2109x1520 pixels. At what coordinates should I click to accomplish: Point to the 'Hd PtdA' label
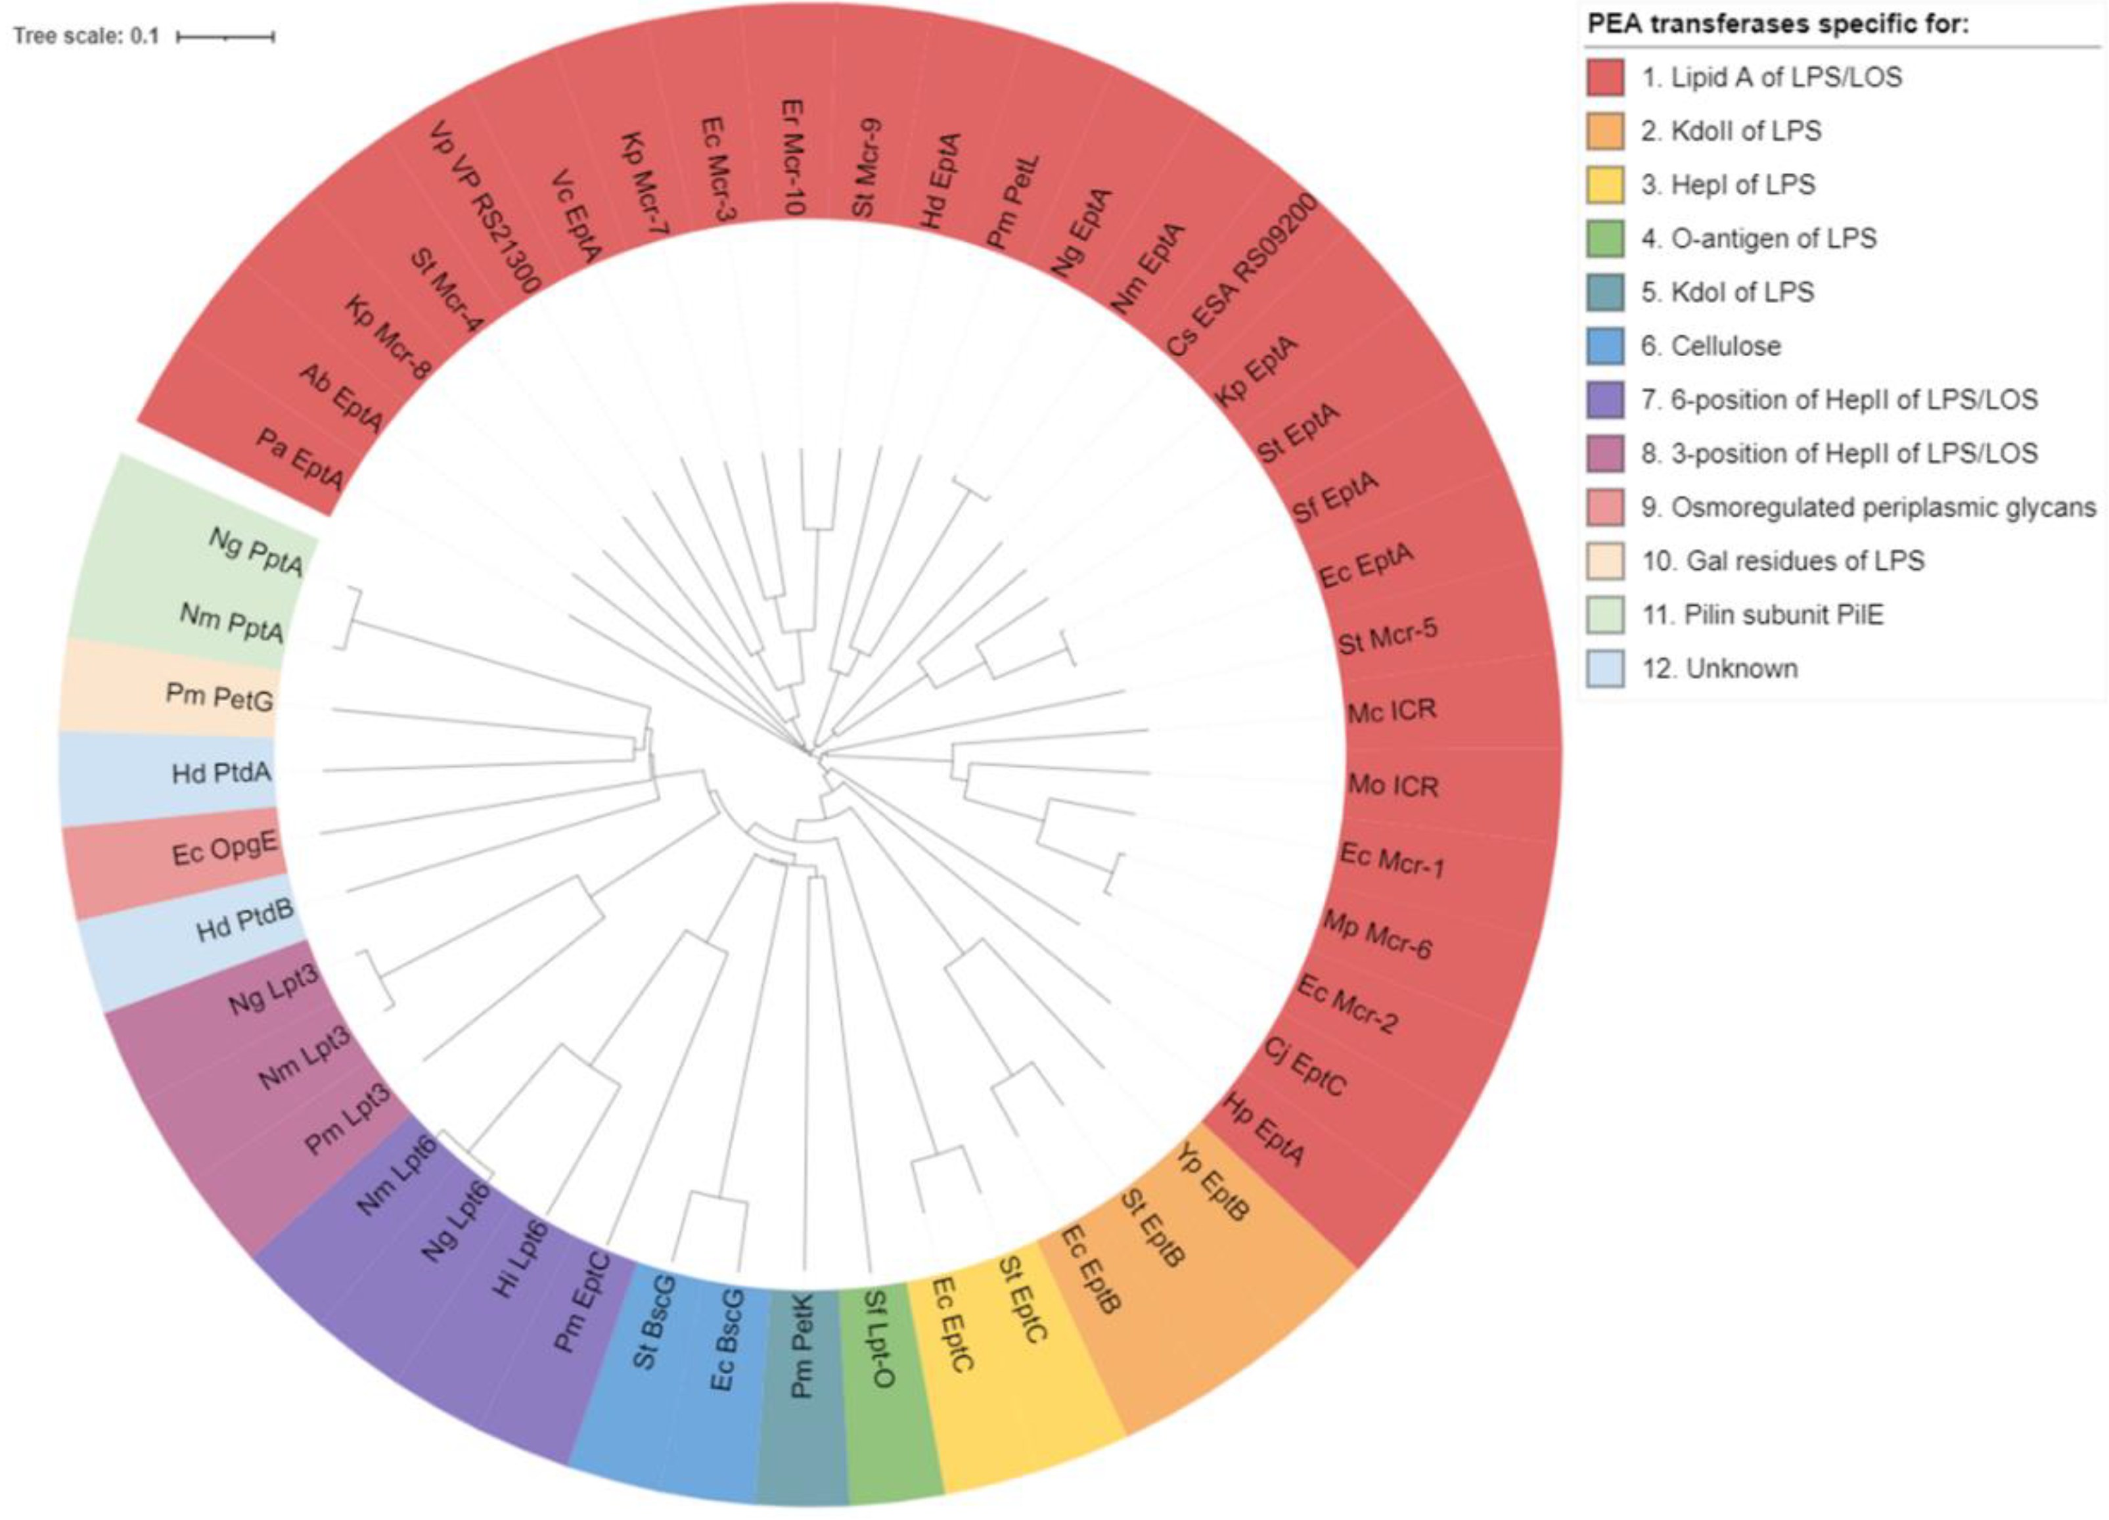coord(222,773)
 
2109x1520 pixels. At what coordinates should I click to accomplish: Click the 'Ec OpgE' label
coord(226,849)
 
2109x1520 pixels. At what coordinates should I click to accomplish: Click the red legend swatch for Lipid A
coord(1606,77)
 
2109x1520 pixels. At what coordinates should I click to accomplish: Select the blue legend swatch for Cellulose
coord(1606,346)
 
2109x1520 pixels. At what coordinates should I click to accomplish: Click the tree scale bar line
coord(225,37)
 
